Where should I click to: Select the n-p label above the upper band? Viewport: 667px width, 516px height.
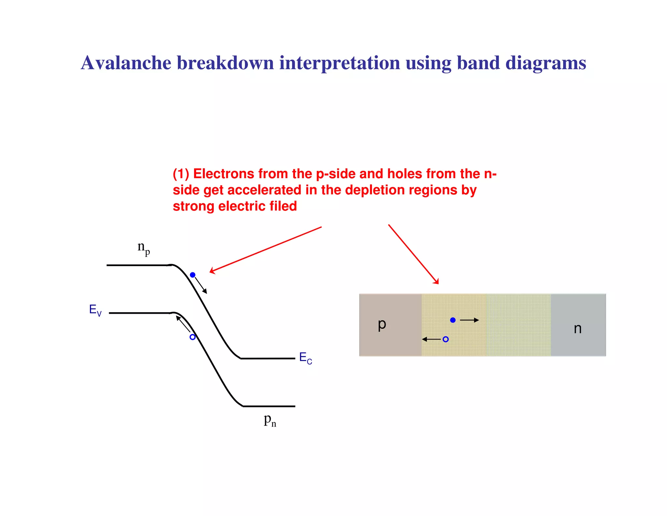[x=143, y=248]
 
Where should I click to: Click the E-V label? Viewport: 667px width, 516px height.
[x=95, y=310]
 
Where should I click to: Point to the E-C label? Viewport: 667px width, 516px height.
[x=305, y=358]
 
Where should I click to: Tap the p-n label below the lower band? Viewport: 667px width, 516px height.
[x=270, y=420]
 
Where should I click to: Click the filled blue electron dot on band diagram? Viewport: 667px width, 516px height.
[x=192, y=275]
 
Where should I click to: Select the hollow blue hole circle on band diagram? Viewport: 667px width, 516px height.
[x=192, y=337]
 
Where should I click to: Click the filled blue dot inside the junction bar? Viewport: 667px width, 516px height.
[x=453, y=320]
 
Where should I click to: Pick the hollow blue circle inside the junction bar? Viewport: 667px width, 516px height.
[x=446, y=339]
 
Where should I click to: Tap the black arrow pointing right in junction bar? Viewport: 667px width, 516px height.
[x=469, y=320]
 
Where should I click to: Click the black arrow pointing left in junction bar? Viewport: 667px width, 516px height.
[x=432, y=339]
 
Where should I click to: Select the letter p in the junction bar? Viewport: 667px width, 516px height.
[x=382, y=324]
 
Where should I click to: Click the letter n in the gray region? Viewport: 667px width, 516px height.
[x=577, y=328]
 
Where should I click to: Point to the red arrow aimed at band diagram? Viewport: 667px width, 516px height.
[x=265, y=250]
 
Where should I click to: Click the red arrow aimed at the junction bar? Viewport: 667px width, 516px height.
[x=413, y=254]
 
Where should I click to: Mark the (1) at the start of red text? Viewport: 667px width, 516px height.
[x=181, y=174]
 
